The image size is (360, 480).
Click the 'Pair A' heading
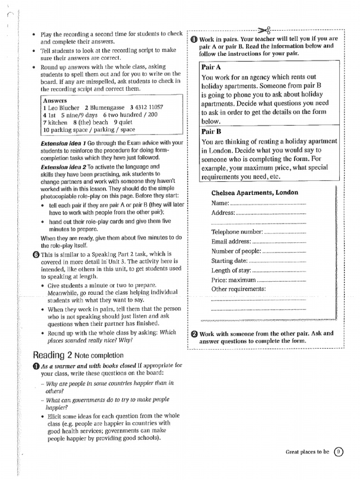point(211,67)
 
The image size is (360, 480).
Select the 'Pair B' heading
point(211,131)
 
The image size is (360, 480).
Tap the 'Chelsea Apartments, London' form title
point(255,193)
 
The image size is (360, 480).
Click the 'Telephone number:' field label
point(237,232)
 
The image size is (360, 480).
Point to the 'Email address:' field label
point(231,241)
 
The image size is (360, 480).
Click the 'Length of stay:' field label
point(231,270)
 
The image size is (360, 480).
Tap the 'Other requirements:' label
point(238,289)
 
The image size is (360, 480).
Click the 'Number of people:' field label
point(236,251)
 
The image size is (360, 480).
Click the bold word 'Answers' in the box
point(55,100)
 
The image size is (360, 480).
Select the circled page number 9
point(338,452)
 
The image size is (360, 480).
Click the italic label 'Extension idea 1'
point(63,142)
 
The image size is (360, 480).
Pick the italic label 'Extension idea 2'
point(63,166)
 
